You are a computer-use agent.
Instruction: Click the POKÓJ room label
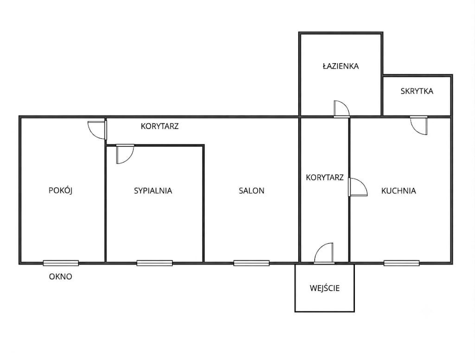[61, 190]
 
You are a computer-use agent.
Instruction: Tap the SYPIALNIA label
[153, 191]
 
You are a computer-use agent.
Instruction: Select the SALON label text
[251, 191]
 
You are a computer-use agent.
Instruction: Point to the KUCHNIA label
[398, 191]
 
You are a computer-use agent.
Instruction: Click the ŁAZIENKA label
[340, 66]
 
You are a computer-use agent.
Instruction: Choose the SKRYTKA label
[417, 91]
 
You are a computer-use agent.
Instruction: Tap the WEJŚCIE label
[324, 288]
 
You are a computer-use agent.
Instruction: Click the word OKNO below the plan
[61, 276]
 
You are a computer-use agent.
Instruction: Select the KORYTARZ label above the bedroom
[160, 126]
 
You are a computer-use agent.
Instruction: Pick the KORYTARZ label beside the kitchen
[324, 177]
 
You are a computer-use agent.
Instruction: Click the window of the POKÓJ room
[61, 263]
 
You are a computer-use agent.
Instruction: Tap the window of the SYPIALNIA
[154, 263]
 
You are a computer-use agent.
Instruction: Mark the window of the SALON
[251, 263]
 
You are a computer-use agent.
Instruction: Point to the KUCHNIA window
[402, 263]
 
